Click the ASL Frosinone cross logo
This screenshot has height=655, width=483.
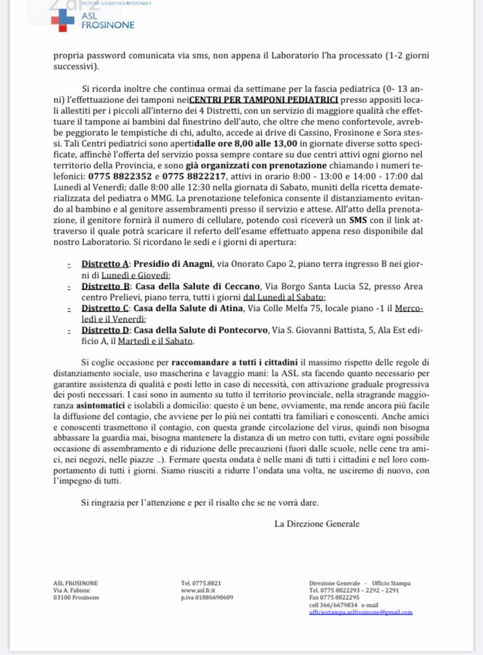click(63, 21)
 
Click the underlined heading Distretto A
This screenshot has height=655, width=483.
click(105, 264)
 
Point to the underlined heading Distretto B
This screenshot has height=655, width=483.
click(105, 286)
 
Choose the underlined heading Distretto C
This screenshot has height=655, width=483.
click(105, 308)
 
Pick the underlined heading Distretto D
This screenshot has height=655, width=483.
click(105, 330)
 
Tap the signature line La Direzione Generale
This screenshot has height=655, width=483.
click(317, 524)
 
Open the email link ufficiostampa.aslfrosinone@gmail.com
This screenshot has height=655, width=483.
click(361, 612)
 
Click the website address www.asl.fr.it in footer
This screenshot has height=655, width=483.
click(198, 590)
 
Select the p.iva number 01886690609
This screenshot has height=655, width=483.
click(207, 597)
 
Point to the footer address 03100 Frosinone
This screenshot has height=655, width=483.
click(76, 597)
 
